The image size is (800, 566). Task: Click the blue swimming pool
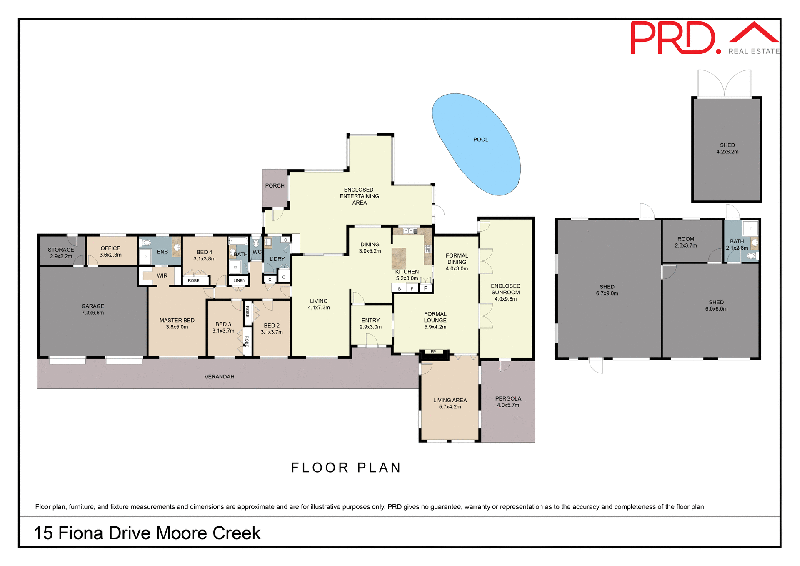(477, 144)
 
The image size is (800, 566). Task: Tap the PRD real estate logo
(704, 38)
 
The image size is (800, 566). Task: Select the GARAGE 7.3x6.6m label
(92, 309)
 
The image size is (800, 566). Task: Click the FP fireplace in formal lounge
(434, 353)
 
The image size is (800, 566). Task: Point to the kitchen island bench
(399, 258)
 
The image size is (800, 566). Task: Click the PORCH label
(275, 186)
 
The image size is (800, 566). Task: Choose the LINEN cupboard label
(239, 281)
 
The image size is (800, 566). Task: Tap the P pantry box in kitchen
(426, 288)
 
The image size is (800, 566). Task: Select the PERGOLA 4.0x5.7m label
(508, 402)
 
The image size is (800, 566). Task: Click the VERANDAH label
(219, 377)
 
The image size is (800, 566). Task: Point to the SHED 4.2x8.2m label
(727, 149)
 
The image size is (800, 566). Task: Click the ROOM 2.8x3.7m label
(686, 242)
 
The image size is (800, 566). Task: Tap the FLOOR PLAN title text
(346, 468)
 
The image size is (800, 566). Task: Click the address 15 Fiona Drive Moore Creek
(147, 533)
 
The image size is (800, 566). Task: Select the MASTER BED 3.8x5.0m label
(177, 323)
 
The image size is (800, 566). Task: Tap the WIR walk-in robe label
(162, 276)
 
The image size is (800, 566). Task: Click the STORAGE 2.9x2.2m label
(61, 253)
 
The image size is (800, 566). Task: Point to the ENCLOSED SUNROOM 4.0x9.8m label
(505, 292)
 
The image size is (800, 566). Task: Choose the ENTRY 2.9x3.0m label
(370, 323)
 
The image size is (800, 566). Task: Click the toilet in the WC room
(256, 243)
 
